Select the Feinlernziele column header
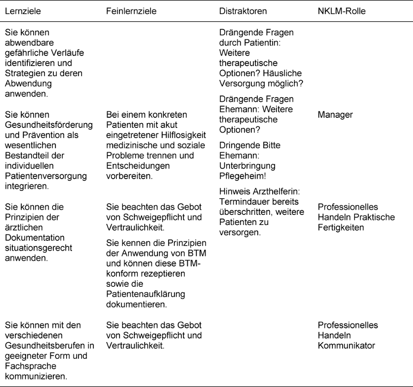pyautogui.click(x=131, y=11)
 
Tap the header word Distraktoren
pyautogui.click(x=243, y=11)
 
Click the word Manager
pyautogui.click(x=334, y=114)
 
